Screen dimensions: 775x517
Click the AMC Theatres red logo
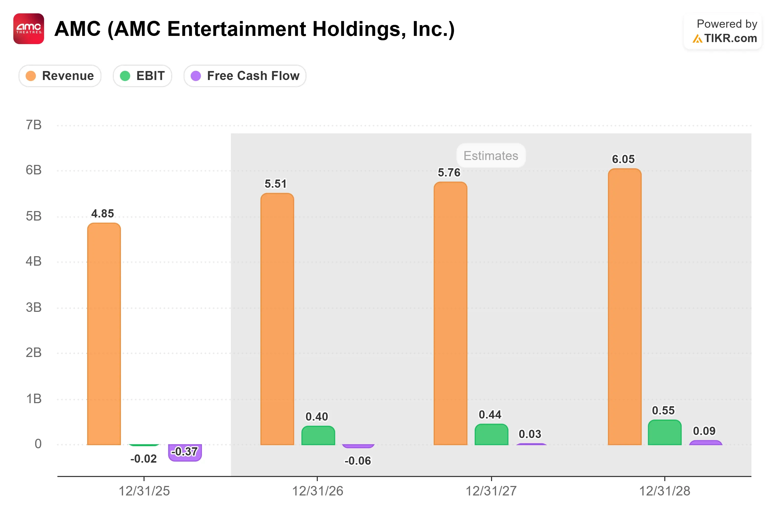pyautogui.click(x=29, y=29)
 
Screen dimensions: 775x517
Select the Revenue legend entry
pyautogui.click(x=60, y=76)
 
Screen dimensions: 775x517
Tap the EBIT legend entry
pyautogui.click(x=142, y=76)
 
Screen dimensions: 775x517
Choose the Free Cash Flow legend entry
pyautogui.click(x=245, y=76)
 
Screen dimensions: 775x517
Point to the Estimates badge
pyautogui.click(x=491, y=156)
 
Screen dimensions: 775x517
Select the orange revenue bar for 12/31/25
pyautogui.click(x=104, y=334)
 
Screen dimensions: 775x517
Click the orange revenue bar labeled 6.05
pyautogui.click(x=624, y=307)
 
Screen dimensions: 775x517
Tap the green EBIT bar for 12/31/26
pyautogui.click(x=318, y=435)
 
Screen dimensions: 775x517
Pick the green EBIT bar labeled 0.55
pyautogui.click(x=665, y=432)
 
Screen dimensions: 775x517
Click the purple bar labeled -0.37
pyautogui.click(x=185, y=453)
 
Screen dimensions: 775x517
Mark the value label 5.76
pyautogui.click(x=449, y=172)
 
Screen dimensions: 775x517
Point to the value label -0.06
pyautogui.click(x=358, y=461)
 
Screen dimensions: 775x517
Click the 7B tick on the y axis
pyautogui.click(x=34, y=125)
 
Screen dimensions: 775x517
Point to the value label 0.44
pyautogui.click(x=490, y=414)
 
